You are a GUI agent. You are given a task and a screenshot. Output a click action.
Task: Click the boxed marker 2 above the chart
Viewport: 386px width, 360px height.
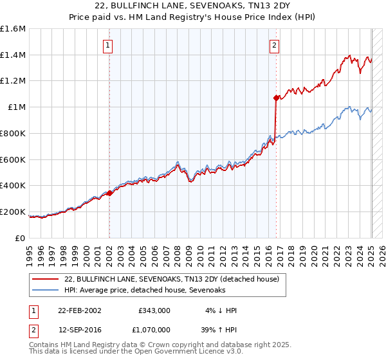275,45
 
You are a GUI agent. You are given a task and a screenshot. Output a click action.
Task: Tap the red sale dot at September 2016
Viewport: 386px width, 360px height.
276,98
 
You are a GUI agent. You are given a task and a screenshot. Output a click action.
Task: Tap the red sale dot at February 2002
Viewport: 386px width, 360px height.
110,192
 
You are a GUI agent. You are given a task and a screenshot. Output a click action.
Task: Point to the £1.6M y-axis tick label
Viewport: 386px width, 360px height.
13,29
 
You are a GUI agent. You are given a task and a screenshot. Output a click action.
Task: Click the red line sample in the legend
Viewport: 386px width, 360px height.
45,279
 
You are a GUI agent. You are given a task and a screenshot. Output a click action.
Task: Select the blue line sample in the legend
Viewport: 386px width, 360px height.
45,290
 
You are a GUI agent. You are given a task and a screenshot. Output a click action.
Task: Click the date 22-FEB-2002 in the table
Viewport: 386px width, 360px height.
80,310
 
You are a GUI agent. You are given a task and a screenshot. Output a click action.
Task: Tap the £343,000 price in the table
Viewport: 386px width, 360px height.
154,310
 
